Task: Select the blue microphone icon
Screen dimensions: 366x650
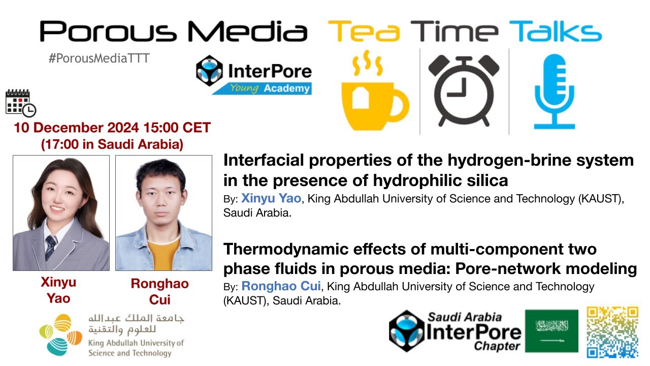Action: coord(554,91)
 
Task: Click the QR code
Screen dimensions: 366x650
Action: coord(612,332)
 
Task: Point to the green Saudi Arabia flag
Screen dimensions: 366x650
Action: coord(551,331)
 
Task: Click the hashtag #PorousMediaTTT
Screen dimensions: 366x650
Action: coord(99,58)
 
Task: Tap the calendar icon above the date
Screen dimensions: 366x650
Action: coord(20,102)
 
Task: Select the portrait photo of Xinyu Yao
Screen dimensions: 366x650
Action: coord(61,212)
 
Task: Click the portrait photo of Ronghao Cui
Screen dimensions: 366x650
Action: coord(164,212)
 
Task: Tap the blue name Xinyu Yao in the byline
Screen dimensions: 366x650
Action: coord(271,198)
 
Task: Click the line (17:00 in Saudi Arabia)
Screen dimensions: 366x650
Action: coord(112,144)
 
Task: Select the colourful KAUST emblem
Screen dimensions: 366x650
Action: coord(60,334)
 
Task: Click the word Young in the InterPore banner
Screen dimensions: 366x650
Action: coord(244,88)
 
